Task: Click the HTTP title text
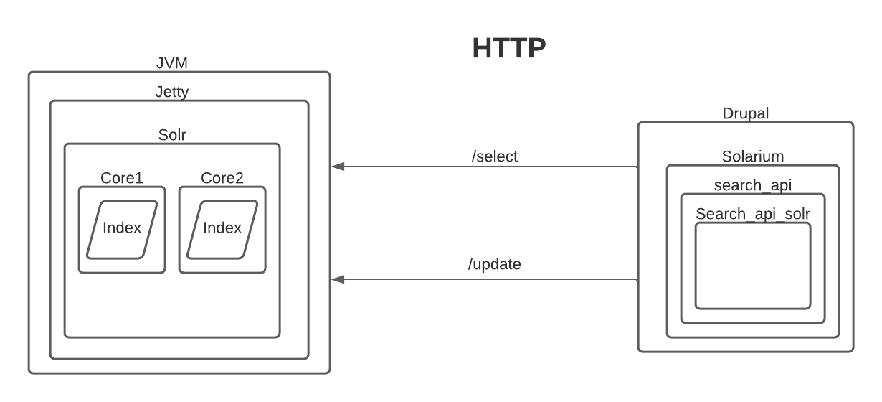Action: click(509, 48)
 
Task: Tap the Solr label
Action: click(171, 135)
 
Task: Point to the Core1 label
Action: click(121, 178)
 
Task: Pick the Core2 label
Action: click(222, 178)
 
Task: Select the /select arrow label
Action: click(495, 156)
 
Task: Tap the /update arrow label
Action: click(494, 264)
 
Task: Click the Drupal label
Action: click(745, 113)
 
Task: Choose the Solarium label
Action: click(752, 156)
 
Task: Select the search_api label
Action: click(752, 185)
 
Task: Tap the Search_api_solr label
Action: click(752, 214)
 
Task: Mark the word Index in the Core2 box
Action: click(222, 229)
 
